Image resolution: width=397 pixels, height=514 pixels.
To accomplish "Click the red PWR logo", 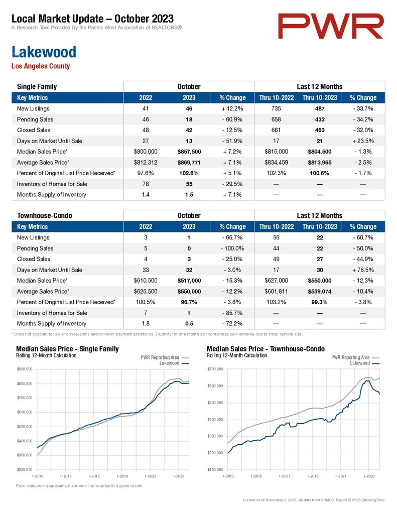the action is [330, 26].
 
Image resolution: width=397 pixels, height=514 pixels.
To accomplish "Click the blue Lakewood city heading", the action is [44, 52].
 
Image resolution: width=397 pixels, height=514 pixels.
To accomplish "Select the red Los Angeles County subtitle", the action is [41, 66].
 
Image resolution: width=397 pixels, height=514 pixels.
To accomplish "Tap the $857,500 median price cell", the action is [189, 152].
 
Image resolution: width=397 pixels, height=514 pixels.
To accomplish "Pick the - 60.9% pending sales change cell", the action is [232, 119].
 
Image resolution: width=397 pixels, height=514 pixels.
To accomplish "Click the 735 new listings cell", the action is [276, 108].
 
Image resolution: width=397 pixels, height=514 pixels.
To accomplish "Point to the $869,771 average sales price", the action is [189, 163].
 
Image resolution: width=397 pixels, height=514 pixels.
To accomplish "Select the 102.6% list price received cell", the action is [189, 173].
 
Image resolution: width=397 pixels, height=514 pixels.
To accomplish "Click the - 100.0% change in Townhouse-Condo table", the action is [232, 248].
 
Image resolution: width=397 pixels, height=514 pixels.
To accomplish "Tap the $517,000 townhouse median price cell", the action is [189, 281].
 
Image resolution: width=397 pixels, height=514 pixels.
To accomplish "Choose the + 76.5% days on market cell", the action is [363, 270].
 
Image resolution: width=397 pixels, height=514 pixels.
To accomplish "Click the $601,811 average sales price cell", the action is [277, 292].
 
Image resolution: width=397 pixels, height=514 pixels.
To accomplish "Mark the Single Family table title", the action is [37, 86].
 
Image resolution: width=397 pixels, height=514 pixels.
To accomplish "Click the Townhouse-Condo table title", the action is [45, 215].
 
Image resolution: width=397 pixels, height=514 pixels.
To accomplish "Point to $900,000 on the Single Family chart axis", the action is [25, 369].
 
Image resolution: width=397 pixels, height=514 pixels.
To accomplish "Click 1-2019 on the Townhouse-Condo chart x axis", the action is [312, 476].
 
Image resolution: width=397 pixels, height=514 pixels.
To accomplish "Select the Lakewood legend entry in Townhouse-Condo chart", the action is [364, 363].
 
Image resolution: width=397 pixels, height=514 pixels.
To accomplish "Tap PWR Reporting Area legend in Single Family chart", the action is [165, 357].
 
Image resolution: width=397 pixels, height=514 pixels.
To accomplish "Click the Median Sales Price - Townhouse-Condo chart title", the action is [266, 349].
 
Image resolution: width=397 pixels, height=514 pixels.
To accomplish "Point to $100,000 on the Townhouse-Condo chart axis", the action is [215, 470].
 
